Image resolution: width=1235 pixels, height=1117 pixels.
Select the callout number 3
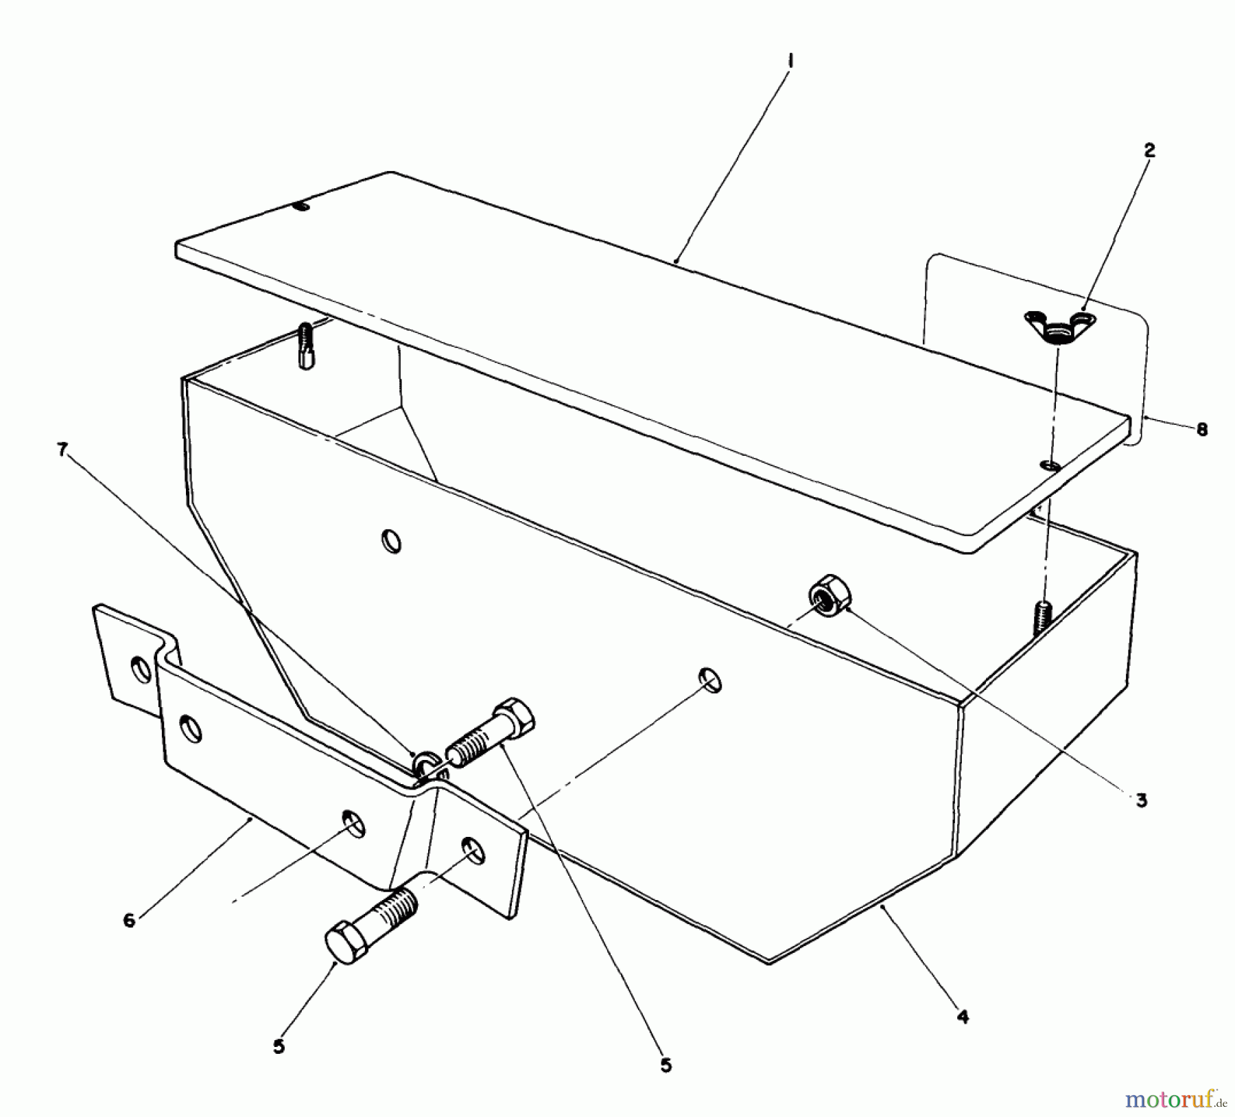[x=1140, y=800]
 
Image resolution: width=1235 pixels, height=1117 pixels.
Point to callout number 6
[x=129, y=920]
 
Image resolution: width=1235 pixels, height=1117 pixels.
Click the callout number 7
[x=62, y=450]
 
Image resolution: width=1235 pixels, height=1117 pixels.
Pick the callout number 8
[x=1201, y=429]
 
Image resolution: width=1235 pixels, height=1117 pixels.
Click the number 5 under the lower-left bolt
[x=279, y=1048]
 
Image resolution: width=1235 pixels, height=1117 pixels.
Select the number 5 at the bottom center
[x=666, y=1066]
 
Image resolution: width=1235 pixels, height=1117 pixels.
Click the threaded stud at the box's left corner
[x=306, y=347]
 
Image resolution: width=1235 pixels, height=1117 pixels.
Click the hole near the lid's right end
[x=1050, y=466]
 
